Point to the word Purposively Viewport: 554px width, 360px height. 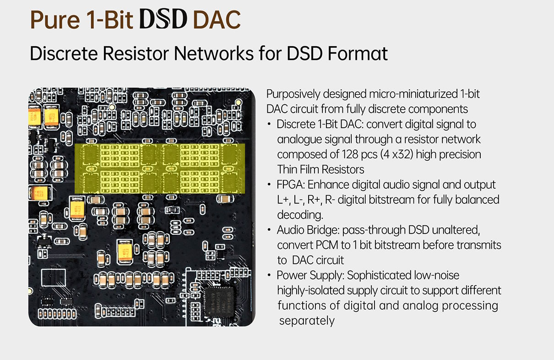[293, 94]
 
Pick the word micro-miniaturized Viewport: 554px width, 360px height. [413, 94]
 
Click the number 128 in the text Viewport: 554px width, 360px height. [343, 154]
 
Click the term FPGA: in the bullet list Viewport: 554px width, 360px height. [291, 185]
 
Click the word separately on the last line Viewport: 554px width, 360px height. [307, 321]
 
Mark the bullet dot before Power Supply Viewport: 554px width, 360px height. [270, 276]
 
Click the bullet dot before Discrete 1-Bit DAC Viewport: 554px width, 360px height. [270, 125]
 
